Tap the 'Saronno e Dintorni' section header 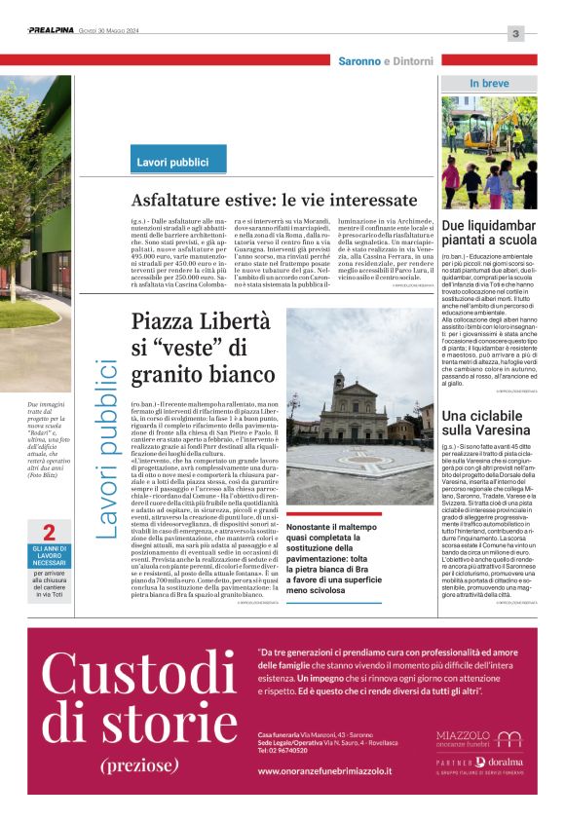tap(385, 61)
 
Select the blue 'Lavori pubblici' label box tap(172, 162)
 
